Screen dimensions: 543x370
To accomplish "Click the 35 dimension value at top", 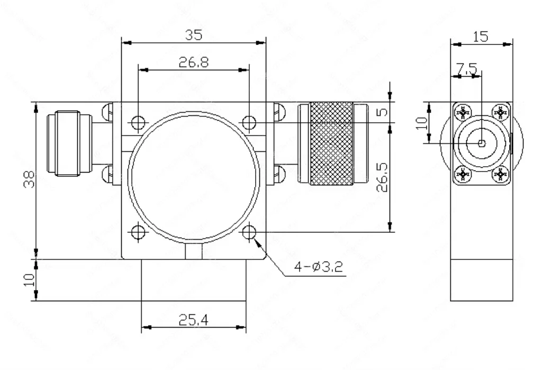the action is pyautogui.click(x=193, y=35).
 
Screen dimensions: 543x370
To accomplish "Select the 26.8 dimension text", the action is pyautogui.click(x=194, y=62).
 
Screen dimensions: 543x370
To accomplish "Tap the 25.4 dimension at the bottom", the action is pyautogui.click(x=194, y=320).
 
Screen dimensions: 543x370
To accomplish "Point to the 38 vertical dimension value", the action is pyautogui.click(x=30, y=179).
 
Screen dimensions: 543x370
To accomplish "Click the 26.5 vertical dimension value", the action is pyautogui.click(x=382, y=177).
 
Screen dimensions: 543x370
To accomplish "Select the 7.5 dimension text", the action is pyautogui.click(x=466, y=69).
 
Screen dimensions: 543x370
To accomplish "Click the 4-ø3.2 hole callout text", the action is pyautogui.click(x=319, y=267).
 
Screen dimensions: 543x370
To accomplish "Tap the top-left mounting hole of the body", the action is pyautogui.click(x=138, y=122).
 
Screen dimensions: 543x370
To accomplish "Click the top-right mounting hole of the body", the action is pyautogui.click(x=249, y=122).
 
